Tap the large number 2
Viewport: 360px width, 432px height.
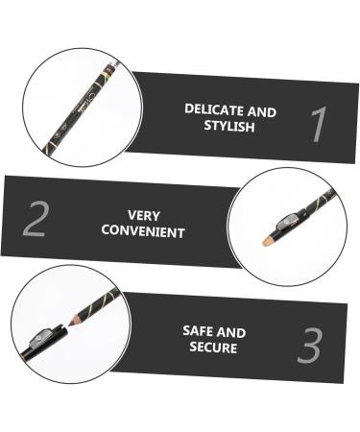coord(35,219)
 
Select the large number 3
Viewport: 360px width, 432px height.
coord(309,346)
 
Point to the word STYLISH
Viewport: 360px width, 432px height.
coord(229,126)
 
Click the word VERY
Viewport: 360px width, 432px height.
coord(143,216)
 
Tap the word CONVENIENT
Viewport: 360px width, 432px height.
coord(143,231)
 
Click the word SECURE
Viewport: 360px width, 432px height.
coord(213,347)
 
